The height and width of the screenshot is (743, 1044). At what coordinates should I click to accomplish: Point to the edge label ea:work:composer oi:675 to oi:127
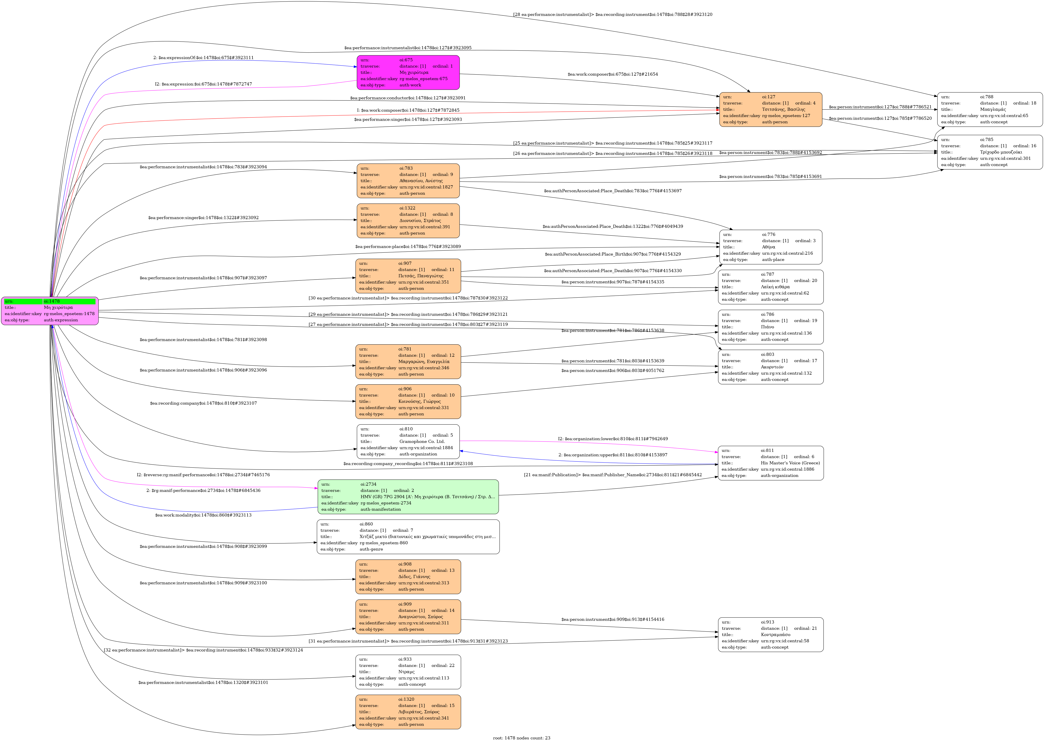click(613, 74)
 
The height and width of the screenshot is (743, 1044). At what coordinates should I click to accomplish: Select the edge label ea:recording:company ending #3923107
click(203, 403)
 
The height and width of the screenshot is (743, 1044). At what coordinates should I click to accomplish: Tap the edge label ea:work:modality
click(203, 515)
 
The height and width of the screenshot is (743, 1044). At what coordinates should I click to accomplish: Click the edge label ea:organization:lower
click(613, 439)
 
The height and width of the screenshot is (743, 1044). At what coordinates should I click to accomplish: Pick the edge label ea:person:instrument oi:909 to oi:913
click(613, 619)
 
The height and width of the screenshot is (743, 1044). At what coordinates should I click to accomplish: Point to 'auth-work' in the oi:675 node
click(410, 85)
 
